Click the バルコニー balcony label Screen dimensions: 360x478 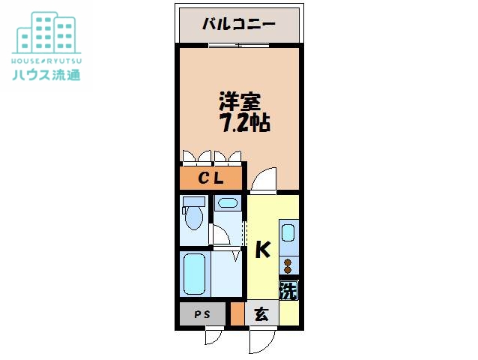point(239,23)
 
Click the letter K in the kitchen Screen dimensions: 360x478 point(262,250)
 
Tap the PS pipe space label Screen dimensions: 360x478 point(202,314)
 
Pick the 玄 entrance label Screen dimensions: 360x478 point(261,314)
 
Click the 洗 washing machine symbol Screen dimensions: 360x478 point(288,289)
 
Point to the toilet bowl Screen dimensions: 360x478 point(194,217)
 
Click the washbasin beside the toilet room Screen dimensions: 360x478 point(226,203)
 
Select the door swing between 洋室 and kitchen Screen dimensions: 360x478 point(263,180)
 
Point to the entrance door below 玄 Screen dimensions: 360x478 point(263,340)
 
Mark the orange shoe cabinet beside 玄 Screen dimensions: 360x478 point(237,314)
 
